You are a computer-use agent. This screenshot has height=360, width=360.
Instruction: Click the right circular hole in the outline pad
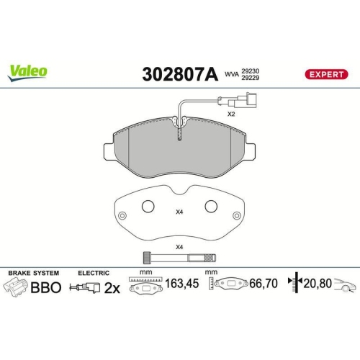click(211, 207)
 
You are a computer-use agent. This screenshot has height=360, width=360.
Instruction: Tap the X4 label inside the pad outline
click(179, 212)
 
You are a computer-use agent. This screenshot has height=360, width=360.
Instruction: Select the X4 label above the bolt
click(179, 248)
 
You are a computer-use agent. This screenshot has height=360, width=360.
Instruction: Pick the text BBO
click(46, 287)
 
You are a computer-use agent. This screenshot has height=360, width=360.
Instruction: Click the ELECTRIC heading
click(94, 274)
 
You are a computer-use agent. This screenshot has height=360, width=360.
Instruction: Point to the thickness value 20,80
click(318, 284)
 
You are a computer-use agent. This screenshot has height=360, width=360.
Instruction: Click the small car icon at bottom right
click(346, 285)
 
